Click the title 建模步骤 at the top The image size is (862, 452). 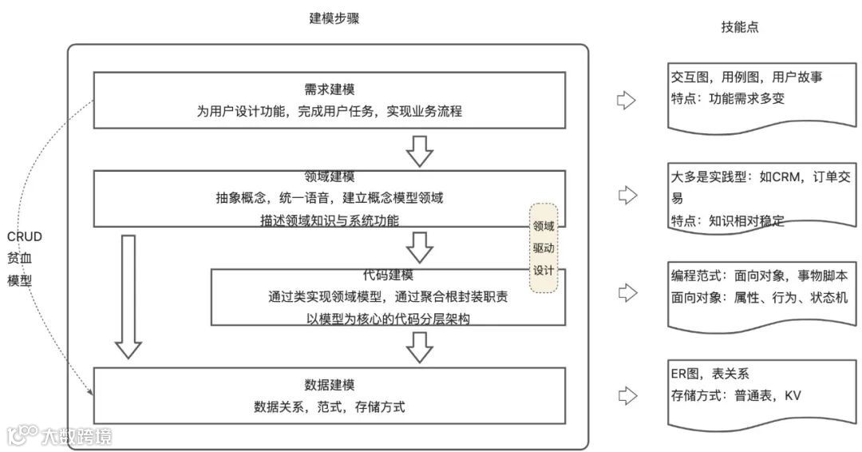pos(334,19)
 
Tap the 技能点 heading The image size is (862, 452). pos(739,27)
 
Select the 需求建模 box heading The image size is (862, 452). pos(329,89)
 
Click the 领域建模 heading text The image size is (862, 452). pos(329,176)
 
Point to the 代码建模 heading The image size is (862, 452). pos(388,276)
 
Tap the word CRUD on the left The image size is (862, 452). pos(24,236)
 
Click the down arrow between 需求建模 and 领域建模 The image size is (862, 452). pos(419,149)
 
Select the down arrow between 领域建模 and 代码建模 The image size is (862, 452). pos(419,248)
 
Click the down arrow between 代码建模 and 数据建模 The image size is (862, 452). pos(419,347)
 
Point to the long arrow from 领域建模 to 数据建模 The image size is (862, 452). pos(128,295)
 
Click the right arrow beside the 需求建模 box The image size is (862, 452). pos(627,101)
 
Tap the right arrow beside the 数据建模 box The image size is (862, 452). pos(627,395)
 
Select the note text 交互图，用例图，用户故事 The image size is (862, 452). pos(746,77)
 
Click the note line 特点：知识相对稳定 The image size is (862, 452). pos(727,221)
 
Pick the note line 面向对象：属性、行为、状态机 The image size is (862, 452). pos(759,296)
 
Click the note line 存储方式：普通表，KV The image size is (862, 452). pos(735,395)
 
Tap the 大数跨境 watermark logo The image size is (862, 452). pos(60,435)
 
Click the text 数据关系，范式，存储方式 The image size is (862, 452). pos(329,406)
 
